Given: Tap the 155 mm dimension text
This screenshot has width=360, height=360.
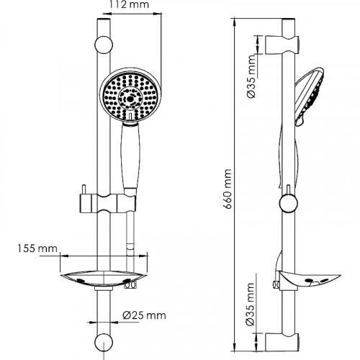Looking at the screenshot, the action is point(37,248).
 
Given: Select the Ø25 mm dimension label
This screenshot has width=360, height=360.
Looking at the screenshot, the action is point(144,315).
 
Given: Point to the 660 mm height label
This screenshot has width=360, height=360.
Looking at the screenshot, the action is point(227,189).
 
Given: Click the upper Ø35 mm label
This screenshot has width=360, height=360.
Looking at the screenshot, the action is point(251,76).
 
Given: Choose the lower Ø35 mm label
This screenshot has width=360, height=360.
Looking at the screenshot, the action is point(250,304).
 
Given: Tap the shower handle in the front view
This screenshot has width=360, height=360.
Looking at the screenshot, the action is point(130,156).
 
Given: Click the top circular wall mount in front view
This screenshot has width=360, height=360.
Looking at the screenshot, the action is point(104,45).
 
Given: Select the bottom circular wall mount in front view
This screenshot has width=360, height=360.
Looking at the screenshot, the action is point(104,342).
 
